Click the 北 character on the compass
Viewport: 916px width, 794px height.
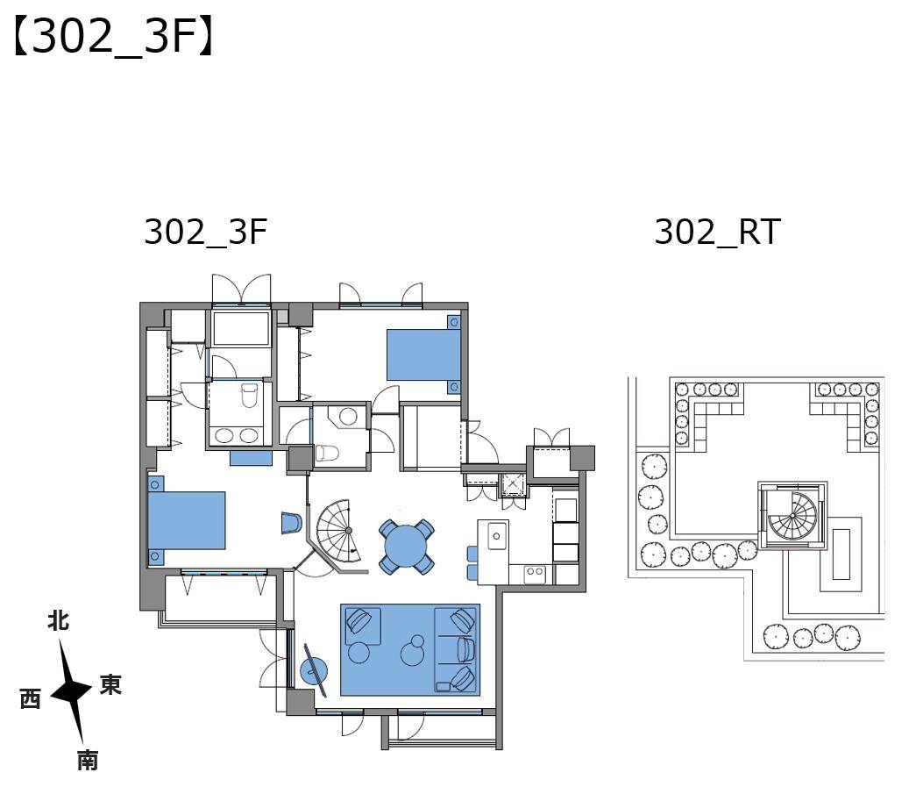(59, 620)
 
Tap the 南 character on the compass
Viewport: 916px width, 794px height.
(88, 761)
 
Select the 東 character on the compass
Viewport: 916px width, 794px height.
(110, 684)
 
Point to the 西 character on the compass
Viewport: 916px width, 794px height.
(31, 698)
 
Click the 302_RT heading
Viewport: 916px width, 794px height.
(717, 232)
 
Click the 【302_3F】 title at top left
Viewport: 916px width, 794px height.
(113, 37)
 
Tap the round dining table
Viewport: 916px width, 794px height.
(406, 546)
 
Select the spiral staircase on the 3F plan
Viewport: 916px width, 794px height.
(340, 532)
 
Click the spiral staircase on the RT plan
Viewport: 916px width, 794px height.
(792, 515)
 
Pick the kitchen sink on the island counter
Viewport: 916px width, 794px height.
(497, 535)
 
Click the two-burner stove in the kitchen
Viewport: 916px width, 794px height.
(535, 572)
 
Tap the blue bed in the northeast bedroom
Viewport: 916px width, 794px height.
(423, 355)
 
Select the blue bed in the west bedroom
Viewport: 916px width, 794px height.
(187, 520)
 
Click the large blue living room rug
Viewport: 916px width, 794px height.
(410, 649)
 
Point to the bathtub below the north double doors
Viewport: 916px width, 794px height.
(240, 329)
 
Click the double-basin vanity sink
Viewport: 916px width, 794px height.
(238, 435)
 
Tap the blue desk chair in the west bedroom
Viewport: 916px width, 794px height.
(292, 523)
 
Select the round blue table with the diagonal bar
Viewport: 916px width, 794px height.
(314, 670)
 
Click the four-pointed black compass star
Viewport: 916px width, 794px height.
(71, 693)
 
